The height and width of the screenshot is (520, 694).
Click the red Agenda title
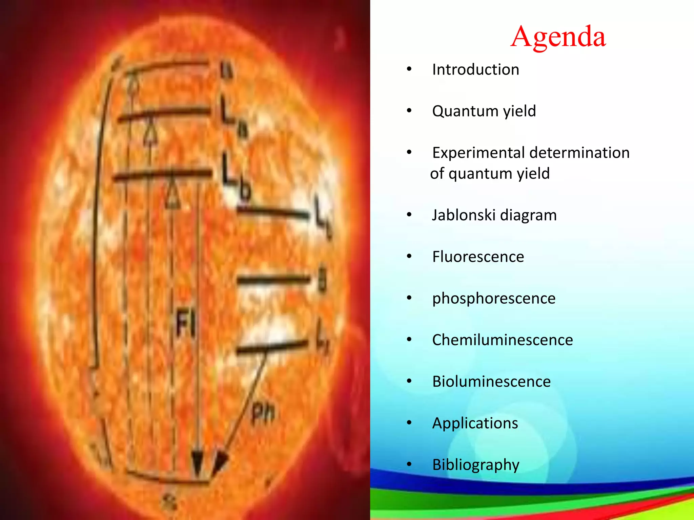click(x=558, y=37)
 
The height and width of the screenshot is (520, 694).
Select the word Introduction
click(x=475, y=70)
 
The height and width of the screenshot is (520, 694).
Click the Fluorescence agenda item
click(x=478, y=257)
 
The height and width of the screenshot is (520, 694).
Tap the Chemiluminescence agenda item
click(x=502, y=340)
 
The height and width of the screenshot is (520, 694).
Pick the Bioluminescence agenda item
click(x=491, y=382)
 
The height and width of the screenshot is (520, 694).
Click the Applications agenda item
click(x=475, y=423)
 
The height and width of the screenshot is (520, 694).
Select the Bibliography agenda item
click(x=476, y=465)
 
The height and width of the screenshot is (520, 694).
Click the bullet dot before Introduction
click(x=409, y=69)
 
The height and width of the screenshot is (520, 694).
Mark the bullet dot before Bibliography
click(x=409, y=464)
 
